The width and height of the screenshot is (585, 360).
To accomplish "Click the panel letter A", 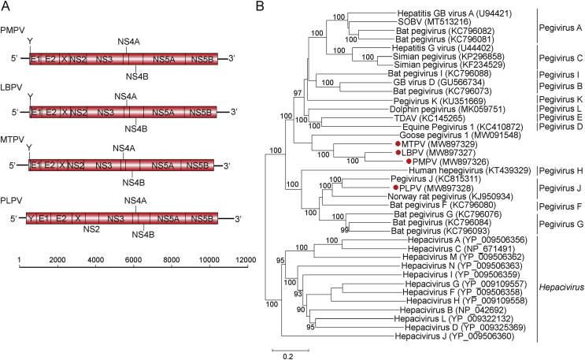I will click(7, 7).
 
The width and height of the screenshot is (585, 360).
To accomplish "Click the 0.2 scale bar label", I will click(290, 354).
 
